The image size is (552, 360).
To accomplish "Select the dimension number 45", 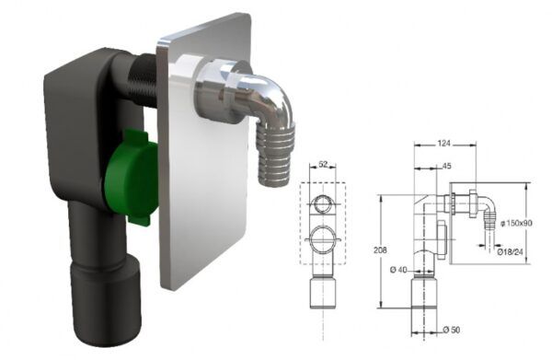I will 445,166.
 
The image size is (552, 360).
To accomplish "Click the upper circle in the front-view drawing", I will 323,204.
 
